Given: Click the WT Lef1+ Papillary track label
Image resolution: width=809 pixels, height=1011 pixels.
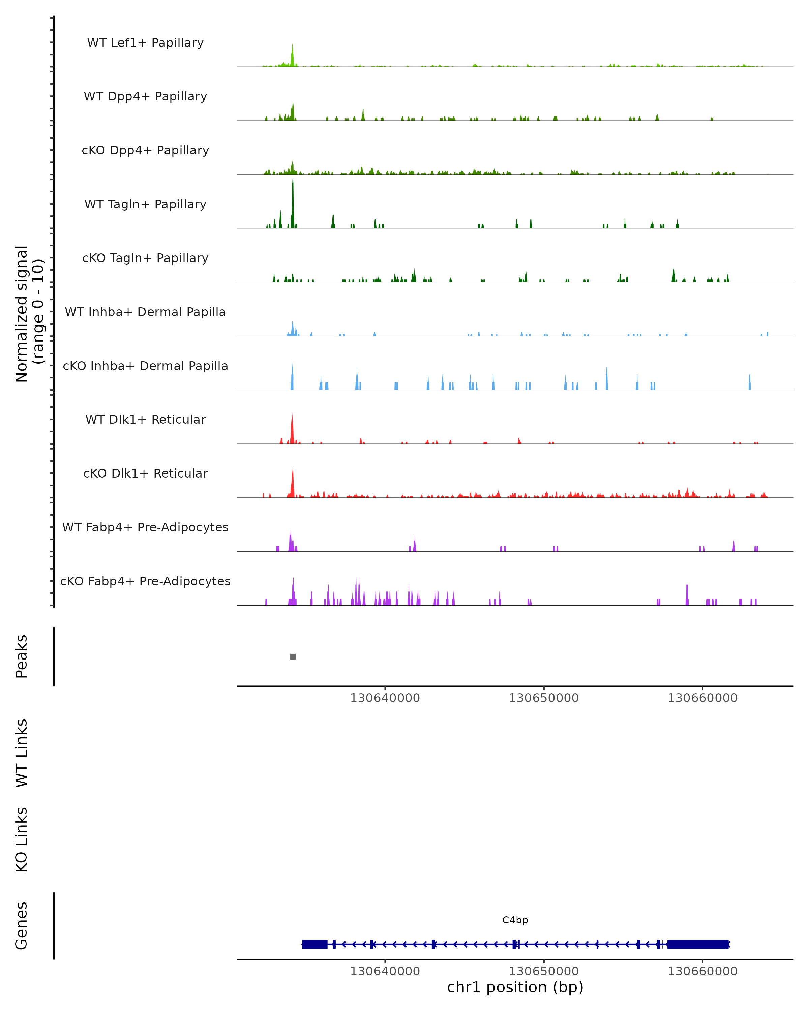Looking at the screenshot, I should point(145,43).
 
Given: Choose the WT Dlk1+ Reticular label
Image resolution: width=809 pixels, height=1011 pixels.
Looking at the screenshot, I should point(145,419).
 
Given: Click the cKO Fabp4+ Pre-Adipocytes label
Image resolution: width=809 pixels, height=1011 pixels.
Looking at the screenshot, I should point(145,581).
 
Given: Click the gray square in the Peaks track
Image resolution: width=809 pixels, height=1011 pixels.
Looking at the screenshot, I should point(293,656).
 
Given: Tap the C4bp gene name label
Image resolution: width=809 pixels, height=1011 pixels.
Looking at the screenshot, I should point(515,920).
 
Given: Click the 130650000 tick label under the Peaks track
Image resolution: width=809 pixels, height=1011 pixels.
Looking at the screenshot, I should point(544,698).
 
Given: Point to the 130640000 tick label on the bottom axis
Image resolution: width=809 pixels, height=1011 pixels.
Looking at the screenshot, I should point(385,971).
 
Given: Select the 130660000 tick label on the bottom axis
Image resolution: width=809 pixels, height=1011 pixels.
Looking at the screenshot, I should point(702,971).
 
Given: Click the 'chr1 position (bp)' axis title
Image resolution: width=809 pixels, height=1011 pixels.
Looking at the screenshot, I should point(515,987).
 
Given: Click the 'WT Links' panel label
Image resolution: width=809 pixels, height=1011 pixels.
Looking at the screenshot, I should point(22,753).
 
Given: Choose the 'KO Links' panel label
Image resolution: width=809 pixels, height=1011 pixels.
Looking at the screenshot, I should point(22,840).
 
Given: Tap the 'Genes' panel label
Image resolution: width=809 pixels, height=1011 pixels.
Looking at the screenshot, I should point(22,926).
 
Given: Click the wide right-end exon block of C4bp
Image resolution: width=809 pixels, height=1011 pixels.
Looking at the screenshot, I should point(698,944).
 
